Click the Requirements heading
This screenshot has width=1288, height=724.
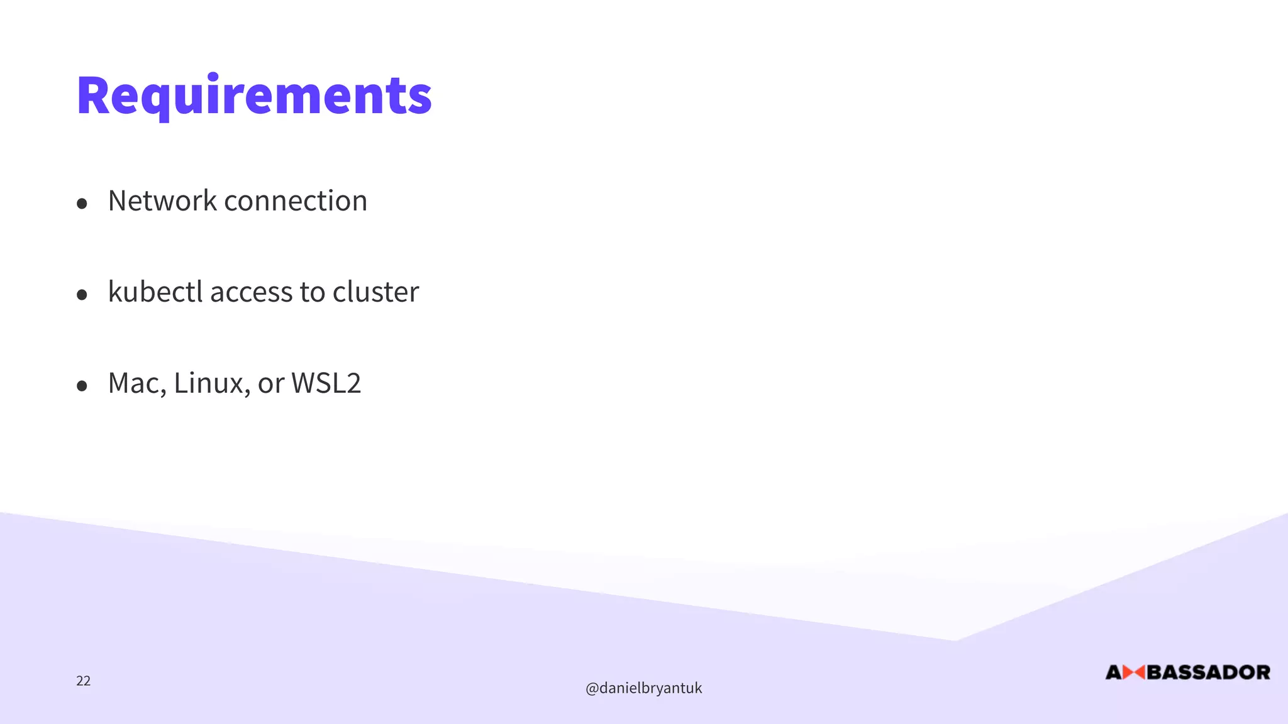(x=254, y=96)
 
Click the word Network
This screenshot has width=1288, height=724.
(x=162, y=201)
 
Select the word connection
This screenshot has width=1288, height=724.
(x=296, y=201)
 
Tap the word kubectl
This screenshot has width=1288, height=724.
(x=155, y=292)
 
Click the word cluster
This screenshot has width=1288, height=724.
(x=375, y=292)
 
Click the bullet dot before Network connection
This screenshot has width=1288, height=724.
(x=82, y=204)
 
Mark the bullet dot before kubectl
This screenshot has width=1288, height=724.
(x=82, y=295)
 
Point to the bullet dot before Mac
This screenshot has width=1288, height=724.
(x=82, y=386)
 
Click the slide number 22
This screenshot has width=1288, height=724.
(x=83, y=681)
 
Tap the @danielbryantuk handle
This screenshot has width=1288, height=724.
(x=643, y=688)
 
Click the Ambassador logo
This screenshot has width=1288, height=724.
(x=1187, y=672)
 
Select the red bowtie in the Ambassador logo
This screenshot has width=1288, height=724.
(x=1133, y=673)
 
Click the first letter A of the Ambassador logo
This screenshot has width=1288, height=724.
(x=1114, y=673)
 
